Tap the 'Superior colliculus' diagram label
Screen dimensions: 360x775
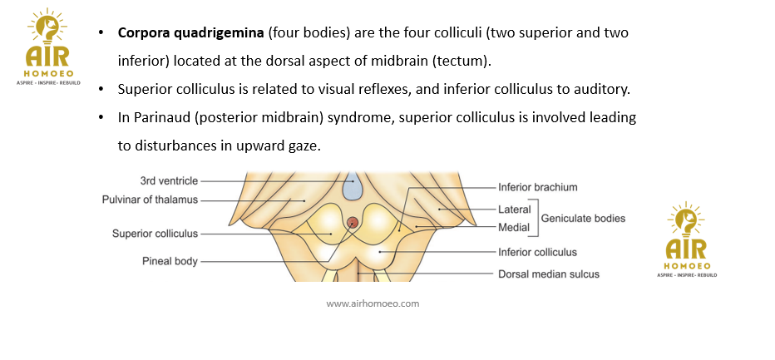click(155, 234)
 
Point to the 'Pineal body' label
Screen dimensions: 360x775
click(170, 261)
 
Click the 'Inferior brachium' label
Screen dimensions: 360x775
click(537, 187)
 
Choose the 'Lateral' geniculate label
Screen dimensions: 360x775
click(515, 209)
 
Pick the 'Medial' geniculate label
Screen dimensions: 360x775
click(514, 227)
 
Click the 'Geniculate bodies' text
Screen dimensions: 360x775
click(583, 218)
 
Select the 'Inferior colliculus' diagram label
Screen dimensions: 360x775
click(537, 252)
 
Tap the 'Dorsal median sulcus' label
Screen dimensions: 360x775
click(548, 274)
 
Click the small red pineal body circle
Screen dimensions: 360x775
click(353, 222)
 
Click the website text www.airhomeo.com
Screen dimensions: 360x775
click(373, 303)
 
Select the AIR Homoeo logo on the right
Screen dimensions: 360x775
click(686, 241)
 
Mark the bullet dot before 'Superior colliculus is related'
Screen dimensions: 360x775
click(101, 90)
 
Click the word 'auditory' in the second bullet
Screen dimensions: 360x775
click(610, 89)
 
